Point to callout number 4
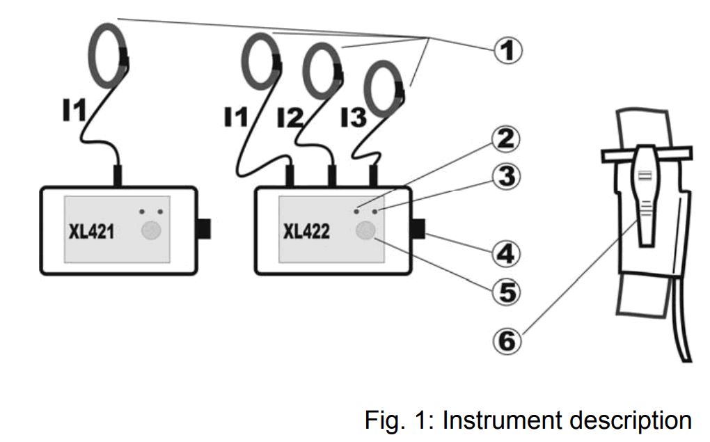pyautogui.click(x=504, y=252)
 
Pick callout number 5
pyautogui.click(x=504, y=291)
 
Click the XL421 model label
pyautogui.click(x=92, y=232)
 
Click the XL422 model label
pyautogui.click(x=306, y=232)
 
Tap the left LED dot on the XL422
pyautogui.click(x=356, y=210)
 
